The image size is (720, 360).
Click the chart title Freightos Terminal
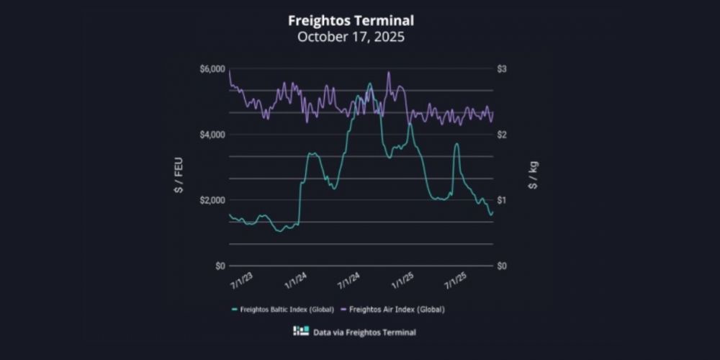tap(351, 20)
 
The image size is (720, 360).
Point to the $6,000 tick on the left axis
tap(212, 69)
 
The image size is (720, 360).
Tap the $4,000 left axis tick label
tap(212, 135)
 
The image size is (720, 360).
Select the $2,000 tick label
tap(212, 200)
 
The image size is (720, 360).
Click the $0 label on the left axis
tap(219, 266)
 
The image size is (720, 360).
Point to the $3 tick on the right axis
tap(502, 69)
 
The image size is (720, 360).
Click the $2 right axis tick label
tap(502, 135)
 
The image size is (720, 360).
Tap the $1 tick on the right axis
tap(502, 200)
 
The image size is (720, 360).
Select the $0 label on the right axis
tap(502, 266)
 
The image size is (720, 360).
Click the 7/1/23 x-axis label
tap(242, 278)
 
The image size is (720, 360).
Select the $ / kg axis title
tap(534, 175)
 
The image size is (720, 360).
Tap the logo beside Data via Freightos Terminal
tap(301, 331)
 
